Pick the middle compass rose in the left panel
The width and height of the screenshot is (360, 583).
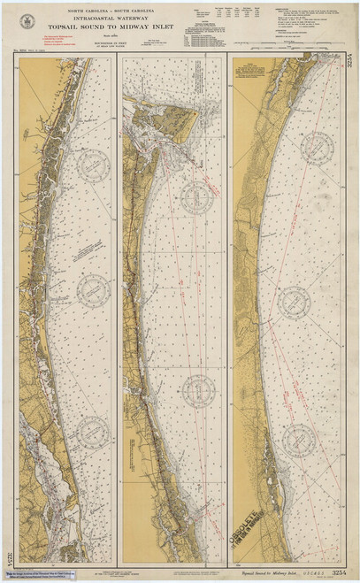93,291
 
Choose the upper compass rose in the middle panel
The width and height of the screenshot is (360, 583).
199,197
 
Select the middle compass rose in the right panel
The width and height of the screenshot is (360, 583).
295,302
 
